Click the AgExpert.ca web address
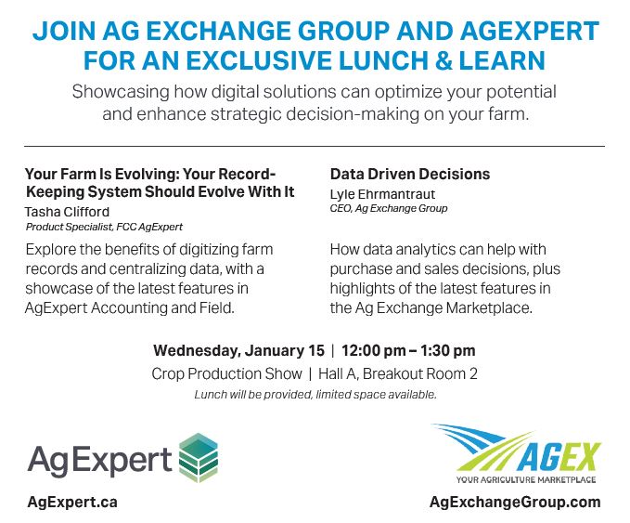72,502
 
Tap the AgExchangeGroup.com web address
515,503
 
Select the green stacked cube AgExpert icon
198,458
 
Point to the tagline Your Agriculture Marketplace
526,479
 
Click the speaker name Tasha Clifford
67,212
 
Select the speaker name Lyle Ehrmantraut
382,194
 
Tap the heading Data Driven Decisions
410,175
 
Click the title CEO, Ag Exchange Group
389,208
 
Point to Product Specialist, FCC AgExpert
104,227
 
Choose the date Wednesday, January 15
238,350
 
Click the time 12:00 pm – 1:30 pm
408,350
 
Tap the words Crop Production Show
226,373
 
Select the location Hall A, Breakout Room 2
398,373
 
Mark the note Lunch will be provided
253,395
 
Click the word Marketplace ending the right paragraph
489,307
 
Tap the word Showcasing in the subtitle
121,92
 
